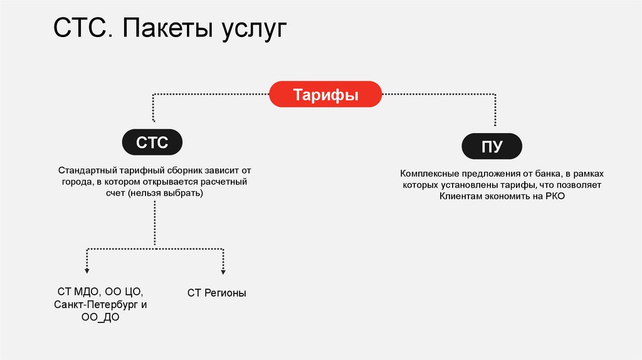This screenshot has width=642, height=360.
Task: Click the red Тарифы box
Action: pyautogui.click(x=325, y=94)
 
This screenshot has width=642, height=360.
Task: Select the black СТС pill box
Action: pyautogui.click(x=153, y=142)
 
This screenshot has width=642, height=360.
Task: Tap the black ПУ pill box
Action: pyautogui.click(x=492, y=147)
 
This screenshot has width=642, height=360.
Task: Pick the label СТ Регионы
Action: pyautogui.click(x=216, y=293)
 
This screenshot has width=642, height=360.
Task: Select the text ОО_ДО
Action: pyautogui.click(x=100, y=318)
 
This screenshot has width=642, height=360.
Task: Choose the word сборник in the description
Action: pyautogui.click(x=192, y=171)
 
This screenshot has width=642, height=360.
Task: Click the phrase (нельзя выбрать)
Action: pyautogui.click(x=173, y=194)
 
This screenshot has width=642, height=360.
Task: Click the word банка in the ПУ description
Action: pyautogui.click(x=545, y=174)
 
